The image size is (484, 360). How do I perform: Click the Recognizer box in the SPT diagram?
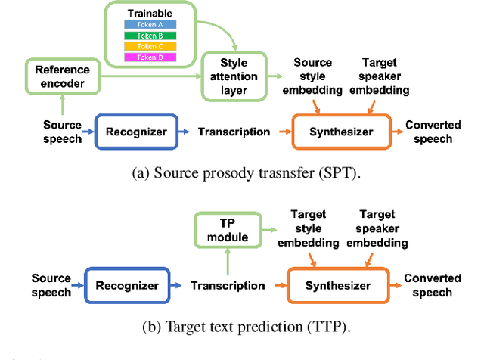(x=135, y=132)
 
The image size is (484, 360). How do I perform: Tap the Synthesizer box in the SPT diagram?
(x=342, y=132)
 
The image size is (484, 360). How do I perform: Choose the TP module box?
(x=228, y=230)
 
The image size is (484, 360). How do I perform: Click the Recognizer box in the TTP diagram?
(x=127, y=285)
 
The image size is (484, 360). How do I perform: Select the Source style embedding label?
(x=312, y=76)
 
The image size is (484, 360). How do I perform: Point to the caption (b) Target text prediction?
(x=247, y=326)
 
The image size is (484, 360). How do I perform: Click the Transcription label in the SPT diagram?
(x=234, y=132)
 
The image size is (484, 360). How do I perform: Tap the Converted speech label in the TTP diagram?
(x=427, y=285)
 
